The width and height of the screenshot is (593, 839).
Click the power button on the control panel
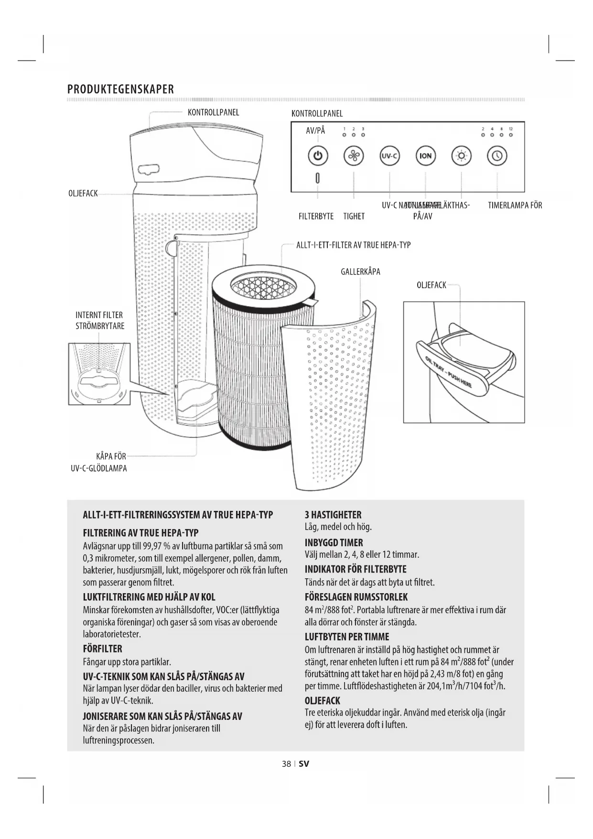pos(318,156)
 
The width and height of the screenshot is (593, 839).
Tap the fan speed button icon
pos(354,156)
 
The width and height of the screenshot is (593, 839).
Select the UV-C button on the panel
pos(389,156)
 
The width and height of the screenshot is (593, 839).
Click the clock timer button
pos(497,156)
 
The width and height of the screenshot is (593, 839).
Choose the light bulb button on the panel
pos(461,156)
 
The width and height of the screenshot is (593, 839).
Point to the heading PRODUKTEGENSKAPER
pos(120,89)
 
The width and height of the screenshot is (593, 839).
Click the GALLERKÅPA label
pos(360,272)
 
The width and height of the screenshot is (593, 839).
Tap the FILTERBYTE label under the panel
pos(316,216)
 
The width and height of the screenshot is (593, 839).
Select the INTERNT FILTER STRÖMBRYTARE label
pos(99,320)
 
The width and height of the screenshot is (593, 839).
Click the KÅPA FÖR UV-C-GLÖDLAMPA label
pos(99,462)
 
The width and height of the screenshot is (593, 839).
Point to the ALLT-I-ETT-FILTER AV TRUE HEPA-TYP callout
pos(353,245)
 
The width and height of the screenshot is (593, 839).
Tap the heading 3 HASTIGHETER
pos(333,515)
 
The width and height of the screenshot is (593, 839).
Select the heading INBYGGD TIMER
pos(334,542)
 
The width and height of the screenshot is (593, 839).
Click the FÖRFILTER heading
pos(102,649)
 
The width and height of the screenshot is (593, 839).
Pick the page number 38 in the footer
pos(286,763)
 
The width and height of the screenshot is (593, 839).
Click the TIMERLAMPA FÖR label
pos(515,205)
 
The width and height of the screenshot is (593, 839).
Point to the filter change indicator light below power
pos(317,178)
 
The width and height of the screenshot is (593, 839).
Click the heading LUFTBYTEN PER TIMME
pos(347,637)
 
